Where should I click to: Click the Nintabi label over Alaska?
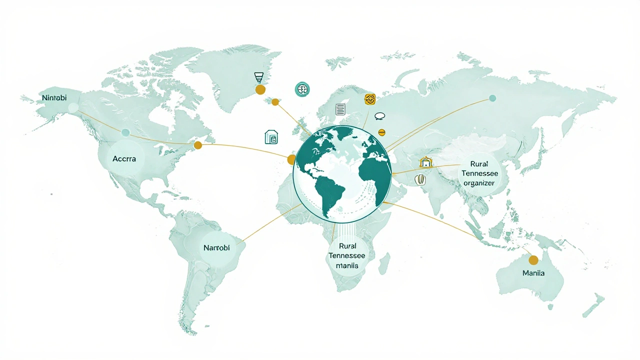pyautogui.click(x=54, y=97)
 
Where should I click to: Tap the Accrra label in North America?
pyautogui.click(x=121, y=158)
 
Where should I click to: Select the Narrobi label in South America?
pyautogui.click(x=216, y=247)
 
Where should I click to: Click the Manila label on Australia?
pyautogui.click(x=533, y=273)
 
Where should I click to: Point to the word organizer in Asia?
pyautogui.click(x=478, y=183)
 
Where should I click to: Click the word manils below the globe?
pyautogui.click(x=347, y=265)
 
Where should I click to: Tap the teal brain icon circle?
pyautogui.click(x=302, y=89)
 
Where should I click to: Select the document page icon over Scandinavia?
pyautogui.click(x=340, y=109)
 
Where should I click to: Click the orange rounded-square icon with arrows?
pyautogui.click(x=370, y=99)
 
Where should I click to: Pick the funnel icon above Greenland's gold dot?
pyautogui.click(x=258, y=77)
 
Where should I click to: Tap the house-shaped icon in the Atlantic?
pyautogui.click(x=271, y=137)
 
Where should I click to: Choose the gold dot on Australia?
pyautogui.click(x=533, y=260)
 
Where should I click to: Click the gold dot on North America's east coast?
pyautogui.click(x=198, y=145)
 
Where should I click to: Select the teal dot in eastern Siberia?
pyautogui.click(x=492, y=98)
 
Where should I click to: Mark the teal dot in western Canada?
pyautogui.click(x=125, y=132)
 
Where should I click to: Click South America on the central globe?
pyautogui.click(x=329, y=192)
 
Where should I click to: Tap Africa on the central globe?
pyautogui.click(x=374, y=170)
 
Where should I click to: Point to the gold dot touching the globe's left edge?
pyautogui.click(x=292, y=159)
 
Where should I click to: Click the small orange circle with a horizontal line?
pyautogui.click(x=381, y=132)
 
